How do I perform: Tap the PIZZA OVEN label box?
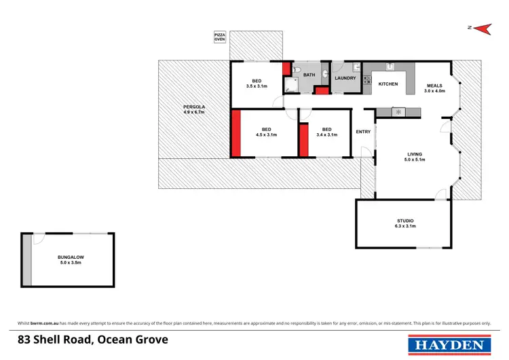(220, 37)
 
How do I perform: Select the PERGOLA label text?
(194, 107)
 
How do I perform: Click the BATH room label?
(309, 75)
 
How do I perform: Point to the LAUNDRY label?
(345, 78)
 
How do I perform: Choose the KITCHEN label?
(388, 84)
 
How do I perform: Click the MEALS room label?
(434, 86)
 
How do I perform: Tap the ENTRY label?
(363, 132)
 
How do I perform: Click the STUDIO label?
(405, 221)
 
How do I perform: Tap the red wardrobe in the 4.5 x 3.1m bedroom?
(236, 134)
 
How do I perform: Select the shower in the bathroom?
(290, 84)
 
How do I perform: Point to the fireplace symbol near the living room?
(398, 111)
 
